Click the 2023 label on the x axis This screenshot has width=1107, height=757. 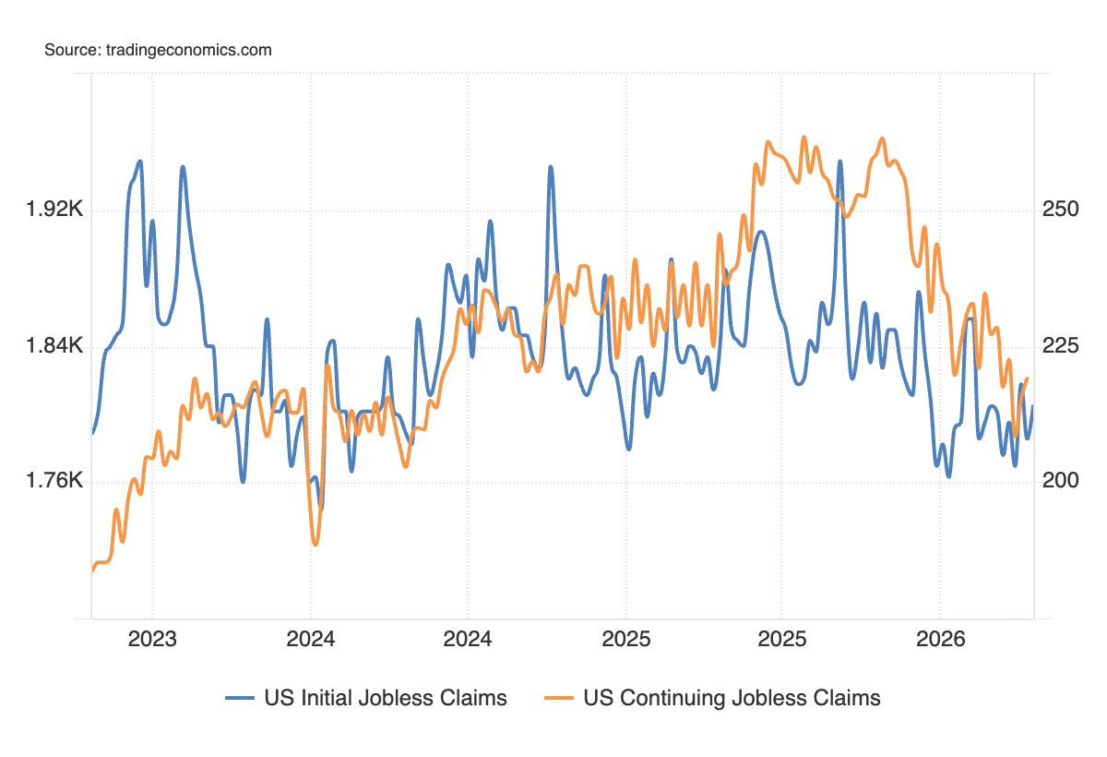pos(152,638)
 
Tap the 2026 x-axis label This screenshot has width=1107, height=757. pos(939,638)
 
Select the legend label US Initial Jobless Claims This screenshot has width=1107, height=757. pos(386,698)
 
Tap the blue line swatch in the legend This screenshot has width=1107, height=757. pos(240,699)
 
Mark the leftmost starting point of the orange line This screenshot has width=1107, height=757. pos(92,571)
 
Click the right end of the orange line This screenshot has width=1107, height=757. pos(1028,378)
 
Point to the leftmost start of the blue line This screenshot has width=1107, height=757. pos(92,432)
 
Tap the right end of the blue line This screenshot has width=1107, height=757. pos(1032,406)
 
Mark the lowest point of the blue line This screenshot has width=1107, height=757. pos(321,507)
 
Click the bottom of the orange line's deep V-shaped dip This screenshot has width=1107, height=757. pos(315,545)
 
